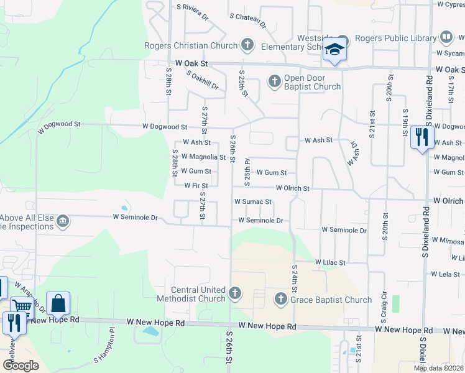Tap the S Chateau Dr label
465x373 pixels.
pos(247,21)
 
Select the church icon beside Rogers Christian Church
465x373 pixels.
pos(247,45)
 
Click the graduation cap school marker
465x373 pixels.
pos(334,50)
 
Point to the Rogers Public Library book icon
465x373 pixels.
pos(446,38)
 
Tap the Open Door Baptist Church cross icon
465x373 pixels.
pos(274,81)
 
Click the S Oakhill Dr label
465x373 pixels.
pos(203,80)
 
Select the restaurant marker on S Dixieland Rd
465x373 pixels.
pos(422,137)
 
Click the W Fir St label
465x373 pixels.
pos(196,185)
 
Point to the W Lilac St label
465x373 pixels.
pos(330,262)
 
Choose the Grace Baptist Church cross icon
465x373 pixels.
pos(280,300)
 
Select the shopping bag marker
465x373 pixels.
pos(58,304)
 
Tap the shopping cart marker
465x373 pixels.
pos(22,306)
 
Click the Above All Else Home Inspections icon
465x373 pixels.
pos(62,221)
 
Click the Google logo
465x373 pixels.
pos(21,366)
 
